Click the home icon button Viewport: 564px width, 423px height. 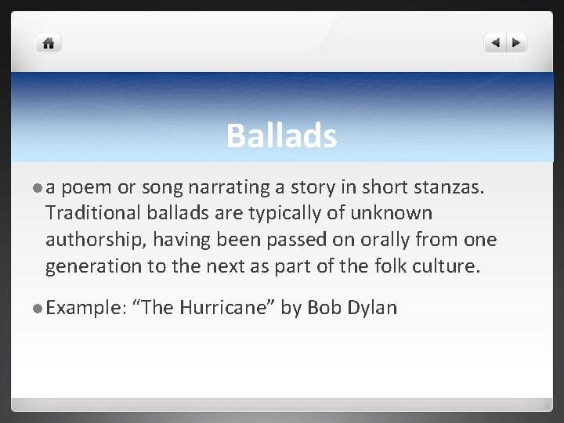tap(49, 44)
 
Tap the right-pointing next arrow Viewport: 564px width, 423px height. tap(517, 44)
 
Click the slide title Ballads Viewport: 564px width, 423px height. tap(281, 136)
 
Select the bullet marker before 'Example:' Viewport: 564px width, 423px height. tap(37, 308)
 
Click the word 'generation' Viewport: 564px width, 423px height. tap(95, 266)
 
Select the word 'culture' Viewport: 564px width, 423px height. tap(446, 266)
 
